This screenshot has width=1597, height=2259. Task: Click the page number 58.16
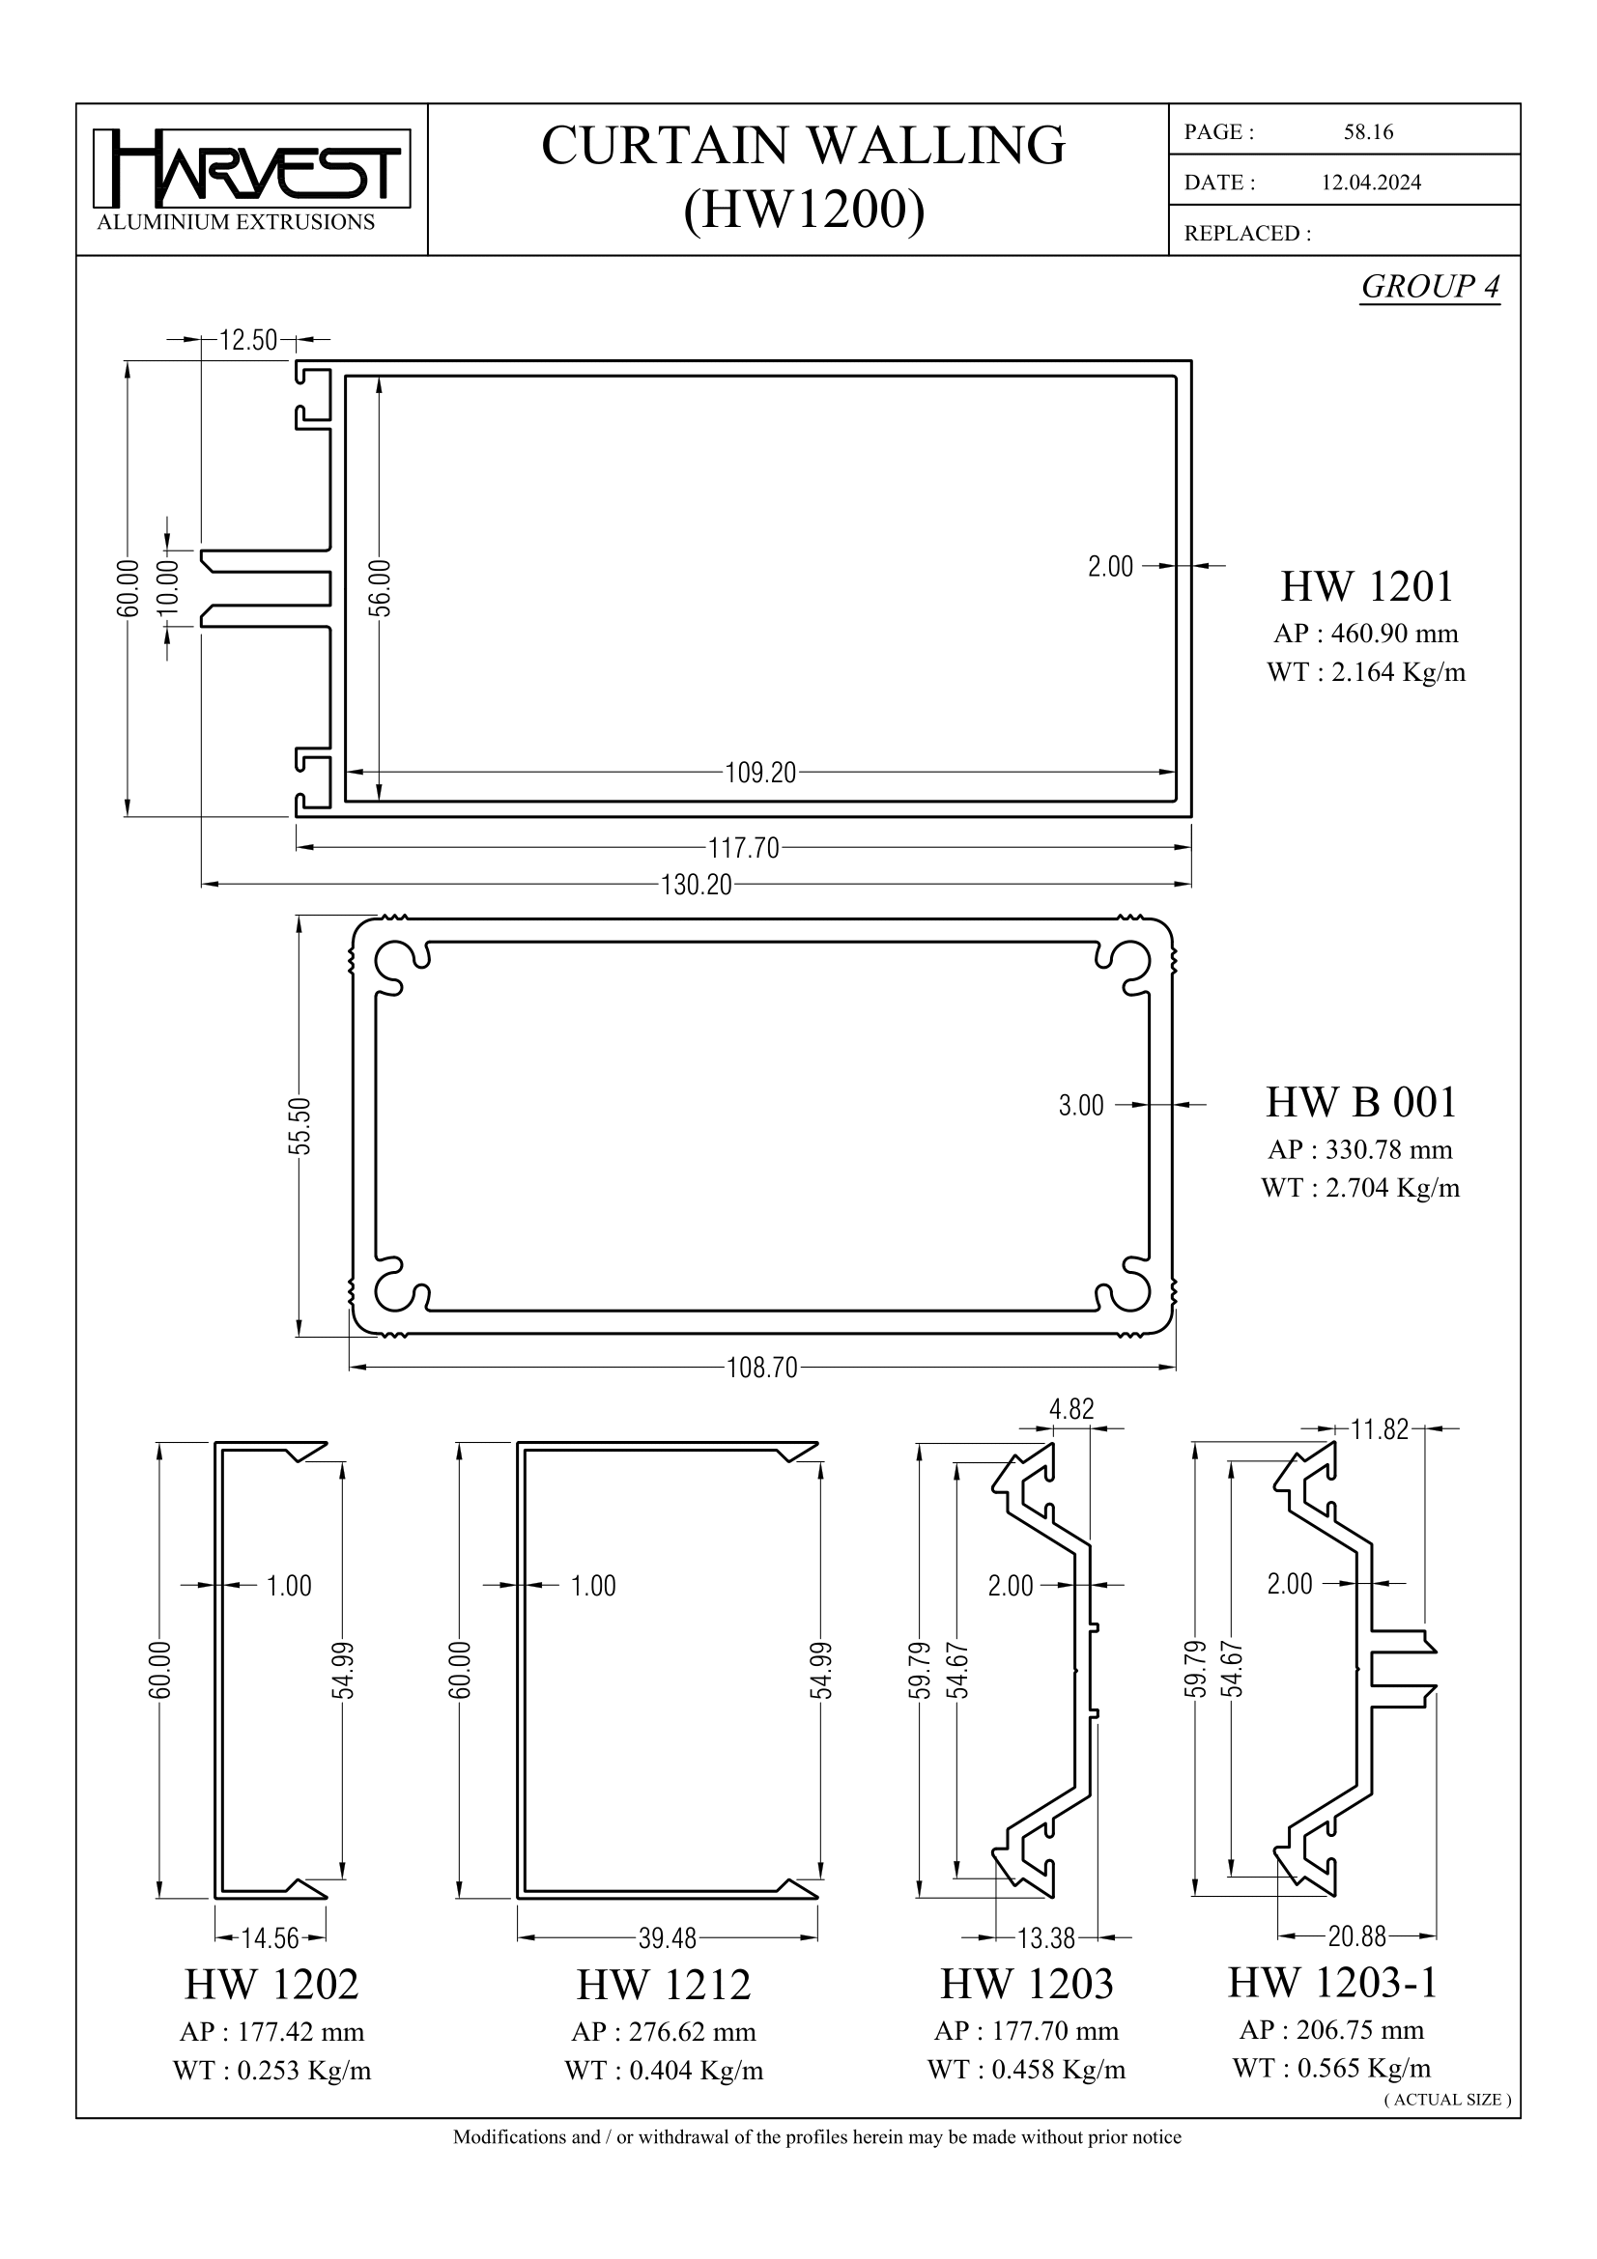(x=1368, y=132)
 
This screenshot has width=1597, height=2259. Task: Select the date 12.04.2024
(x=1371, y=182)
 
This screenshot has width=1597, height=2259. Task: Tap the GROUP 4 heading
(x=1430, y=286)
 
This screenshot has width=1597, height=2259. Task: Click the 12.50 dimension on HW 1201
(x=248, y=340)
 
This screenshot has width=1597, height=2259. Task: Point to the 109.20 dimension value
(x=760, y=773)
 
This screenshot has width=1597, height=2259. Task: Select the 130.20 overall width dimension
(x=697, y=886)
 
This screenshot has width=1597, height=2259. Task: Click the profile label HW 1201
(x=1366, y=586)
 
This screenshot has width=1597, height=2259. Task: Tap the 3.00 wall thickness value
(x=1081, y=1106)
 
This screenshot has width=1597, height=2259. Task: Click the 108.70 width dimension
(x=761, y=1368)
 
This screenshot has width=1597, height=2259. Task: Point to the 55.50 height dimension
(x=303, y=1124)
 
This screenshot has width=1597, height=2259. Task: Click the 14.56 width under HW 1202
(x=271, y=1938)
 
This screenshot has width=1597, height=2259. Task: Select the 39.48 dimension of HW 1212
(x=668, y=1938)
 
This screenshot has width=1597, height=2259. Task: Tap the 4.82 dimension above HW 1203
(x=1071, y=1409)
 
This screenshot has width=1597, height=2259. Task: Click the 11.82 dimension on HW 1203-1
(x=1380, y=1429)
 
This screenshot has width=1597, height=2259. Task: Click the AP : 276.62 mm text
(x=663, y=2032)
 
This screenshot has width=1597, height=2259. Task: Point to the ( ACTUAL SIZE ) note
(x=1447, y=2100)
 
